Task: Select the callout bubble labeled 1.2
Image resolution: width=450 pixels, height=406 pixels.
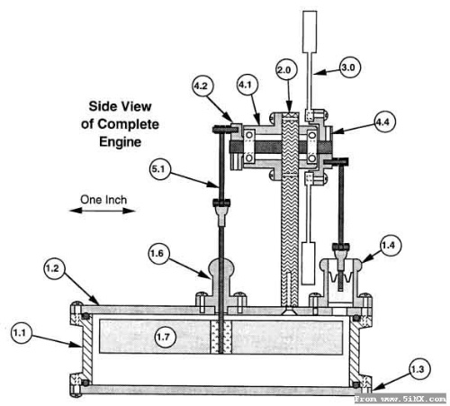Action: pos(54,267)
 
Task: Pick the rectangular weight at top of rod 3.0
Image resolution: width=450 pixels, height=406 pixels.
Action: pos(310,32)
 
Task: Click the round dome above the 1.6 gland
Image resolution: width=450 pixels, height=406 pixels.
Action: pos(220,269)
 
